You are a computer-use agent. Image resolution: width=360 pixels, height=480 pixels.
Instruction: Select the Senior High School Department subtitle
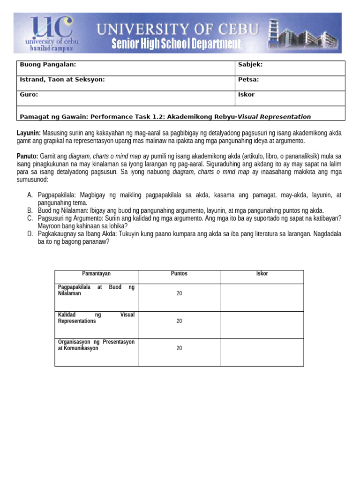pyautogui.click(x=176, y=45)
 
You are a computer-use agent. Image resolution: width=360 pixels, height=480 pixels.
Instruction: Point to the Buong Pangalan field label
pyautogui.click(x=47, y=65)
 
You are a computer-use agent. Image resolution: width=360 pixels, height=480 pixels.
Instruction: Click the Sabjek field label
pyautogui.click(x=250, y=65)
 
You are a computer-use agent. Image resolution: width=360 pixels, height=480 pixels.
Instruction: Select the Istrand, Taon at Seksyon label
pyautogui.click(x=62, y=80)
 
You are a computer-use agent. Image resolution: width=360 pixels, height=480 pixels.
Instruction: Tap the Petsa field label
pyautogui.click(x=248, y=80)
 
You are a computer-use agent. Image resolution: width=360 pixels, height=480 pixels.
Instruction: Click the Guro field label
pyautogui.click(x=29, y=94)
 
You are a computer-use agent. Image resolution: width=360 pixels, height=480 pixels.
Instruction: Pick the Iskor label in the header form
pyautogui.click(x=247, y=94)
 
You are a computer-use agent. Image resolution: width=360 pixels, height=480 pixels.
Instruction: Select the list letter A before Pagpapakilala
pyautogui.click(x=30, y=195)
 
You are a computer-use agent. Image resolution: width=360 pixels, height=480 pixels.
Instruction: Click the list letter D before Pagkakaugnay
pyautogui.click(x=30, y=234)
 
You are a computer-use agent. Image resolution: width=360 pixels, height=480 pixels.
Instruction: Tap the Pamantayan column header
pyautogui.click(x=97, y=274)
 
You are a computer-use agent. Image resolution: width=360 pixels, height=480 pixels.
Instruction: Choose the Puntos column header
pyautogui.click(x=179, y=274)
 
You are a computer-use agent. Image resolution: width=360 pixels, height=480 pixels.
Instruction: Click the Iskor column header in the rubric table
pyautogui.click(x=262, y=274)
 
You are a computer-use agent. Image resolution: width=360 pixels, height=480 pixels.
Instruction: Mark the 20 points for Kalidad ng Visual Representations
pyautogui.click(x=179, y=322)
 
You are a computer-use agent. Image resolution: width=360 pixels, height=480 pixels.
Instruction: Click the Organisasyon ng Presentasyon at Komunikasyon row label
pyautogui.click(x=96, y=345)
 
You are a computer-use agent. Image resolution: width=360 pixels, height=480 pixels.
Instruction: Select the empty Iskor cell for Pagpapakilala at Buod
pyautogui.click(x=262, y=297)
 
